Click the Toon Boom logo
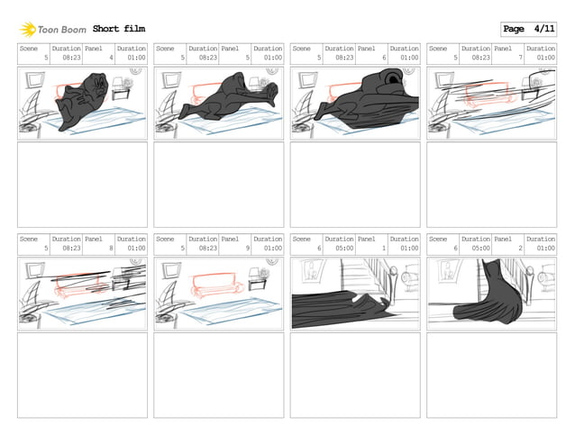click(x=52, y=30)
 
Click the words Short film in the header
click(x=118, y=30)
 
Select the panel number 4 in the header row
click(x=110, y=58)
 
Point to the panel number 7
click(x=519, y=58)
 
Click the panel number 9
click(x=247, y=248)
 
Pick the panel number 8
click(x=110, y=248)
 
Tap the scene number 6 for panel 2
click(x=456, y=248)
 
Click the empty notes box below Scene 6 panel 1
click(x=355, y=376)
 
